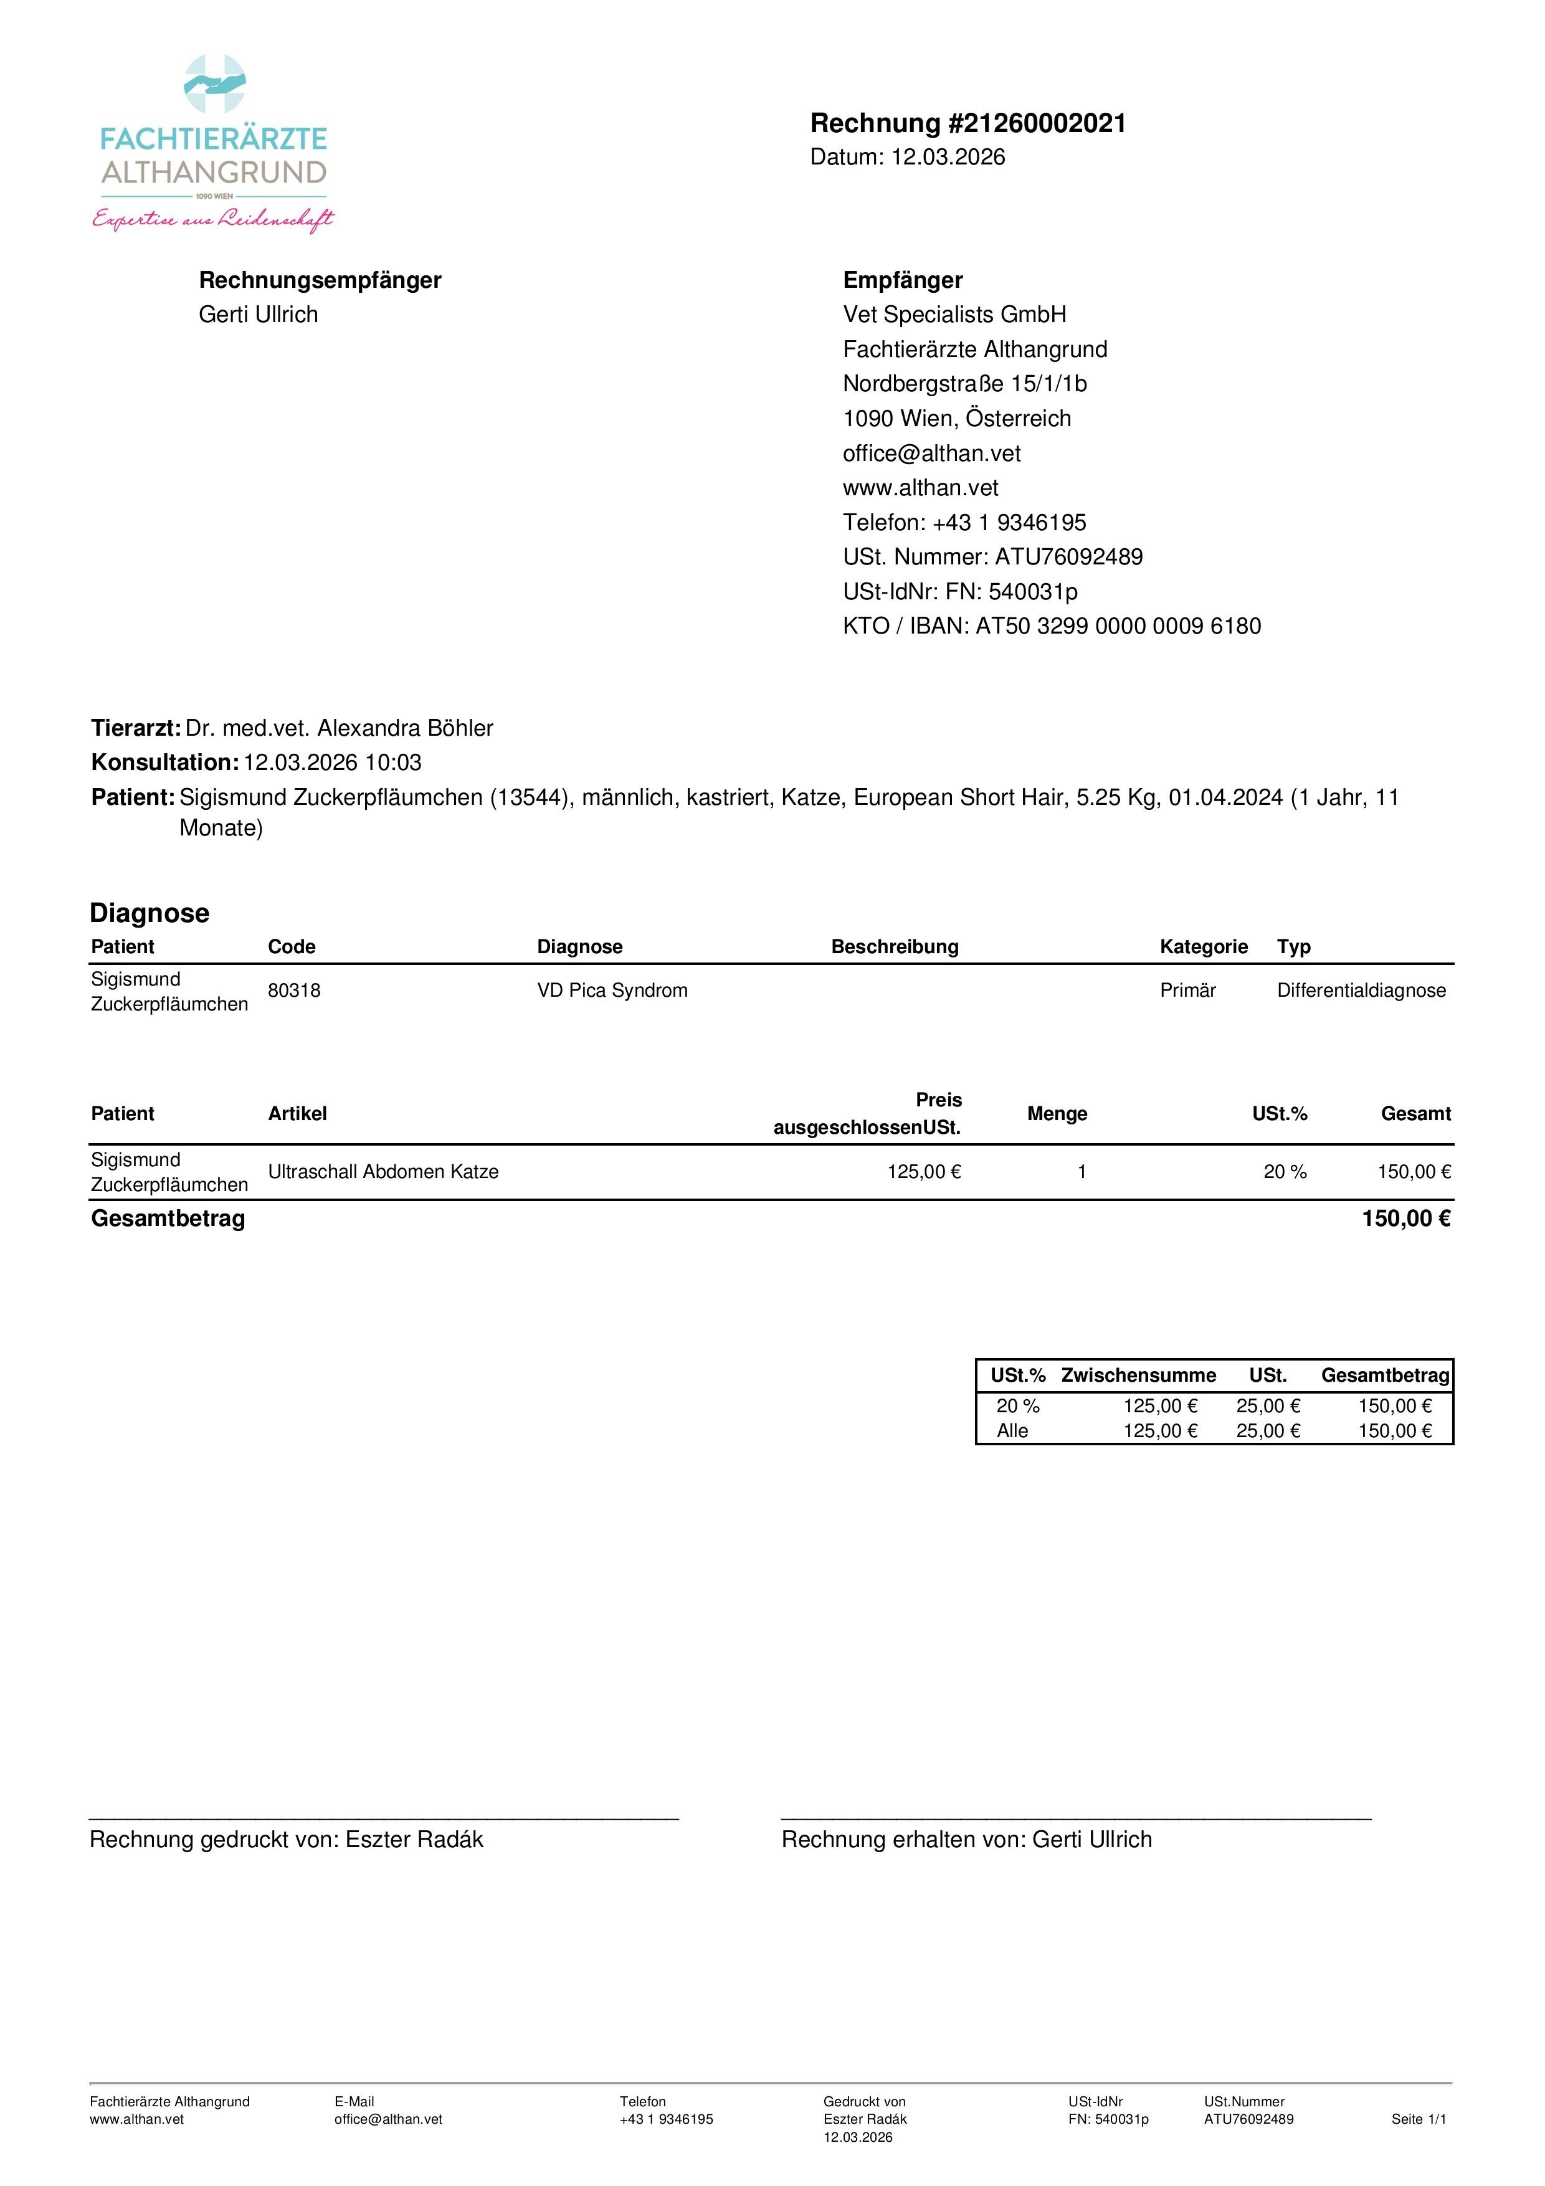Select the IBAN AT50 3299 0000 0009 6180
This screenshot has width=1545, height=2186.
point(1118,627)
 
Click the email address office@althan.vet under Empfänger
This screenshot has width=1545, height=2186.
point(931,453)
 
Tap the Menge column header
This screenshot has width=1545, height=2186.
point(1057,1114)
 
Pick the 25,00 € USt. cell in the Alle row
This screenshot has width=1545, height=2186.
point(1267,1431)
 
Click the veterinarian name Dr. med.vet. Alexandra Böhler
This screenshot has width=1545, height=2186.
point(339,728)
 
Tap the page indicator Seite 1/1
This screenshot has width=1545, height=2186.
point(1417,2119)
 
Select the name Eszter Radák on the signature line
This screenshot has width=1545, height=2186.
point(414,1840)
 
